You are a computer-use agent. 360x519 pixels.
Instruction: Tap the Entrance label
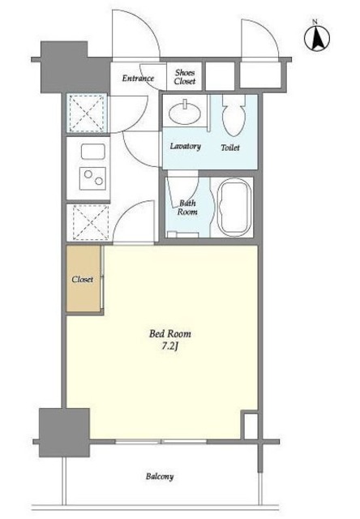click(138, 79)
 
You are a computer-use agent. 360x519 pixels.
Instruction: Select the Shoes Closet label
click(185, 77)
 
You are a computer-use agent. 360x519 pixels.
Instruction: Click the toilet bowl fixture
click(234, 115)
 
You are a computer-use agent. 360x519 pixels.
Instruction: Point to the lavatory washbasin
click(184, 113)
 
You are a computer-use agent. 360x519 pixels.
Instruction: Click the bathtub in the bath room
click(234, 208)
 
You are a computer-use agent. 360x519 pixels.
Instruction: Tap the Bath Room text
click(187, 208)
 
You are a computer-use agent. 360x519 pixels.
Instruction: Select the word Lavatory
click(186, 146)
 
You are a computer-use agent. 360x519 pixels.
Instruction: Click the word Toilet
click(230, 148)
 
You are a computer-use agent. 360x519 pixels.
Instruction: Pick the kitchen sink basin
click(93, 152)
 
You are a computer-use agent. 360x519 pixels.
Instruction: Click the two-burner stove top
click(93, 178)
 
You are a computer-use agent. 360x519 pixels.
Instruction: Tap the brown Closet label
click(83, 279)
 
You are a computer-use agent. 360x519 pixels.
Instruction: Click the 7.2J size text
click(170, 346)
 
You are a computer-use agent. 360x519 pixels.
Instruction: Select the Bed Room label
click(170, 333)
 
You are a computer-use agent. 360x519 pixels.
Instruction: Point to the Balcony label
click(160, 477)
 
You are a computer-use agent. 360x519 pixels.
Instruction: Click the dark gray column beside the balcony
click(64, 432)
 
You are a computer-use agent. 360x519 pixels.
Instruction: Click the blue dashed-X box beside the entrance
click(87, 113)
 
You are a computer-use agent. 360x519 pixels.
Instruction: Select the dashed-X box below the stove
click(90, 222)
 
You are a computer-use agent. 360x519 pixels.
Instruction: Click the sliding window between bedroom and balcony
click(161, 441)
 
